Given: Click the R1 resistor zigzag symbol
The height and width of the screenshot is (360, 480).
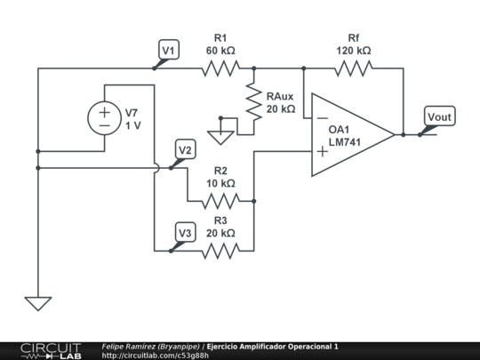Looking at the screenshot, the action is click(x=220, y=68).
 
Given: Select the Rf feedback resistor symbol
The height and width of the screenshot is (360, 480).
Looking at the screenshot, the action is click(x=354, y=68).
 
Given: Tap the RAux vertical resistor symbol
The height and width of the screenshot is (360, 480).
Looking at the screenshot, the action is click(x=253, y=101).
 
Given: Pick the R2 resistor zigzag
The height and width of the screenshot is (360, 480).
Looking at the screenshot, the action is click(x=220, y=201).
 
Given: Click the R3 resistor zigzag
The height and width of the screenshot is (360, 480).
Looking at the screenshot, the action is click(x=220, y=251).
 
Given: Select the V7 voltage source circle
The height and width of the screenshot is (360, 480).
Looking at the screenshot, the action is click(x=104, y=118).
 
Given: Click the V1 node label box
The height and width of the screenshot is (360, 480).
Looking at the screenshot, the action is click(x=169, y=49).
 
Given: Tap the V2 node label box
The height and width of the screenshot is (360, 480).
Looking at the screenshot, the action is click(x=185, y=149).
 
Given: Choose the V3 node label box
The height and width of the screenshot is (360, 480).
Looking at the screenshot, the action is click(x=185, y=232).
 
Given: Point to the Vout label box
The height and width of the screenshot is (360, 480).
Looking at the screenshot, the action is click(x=440, y=116).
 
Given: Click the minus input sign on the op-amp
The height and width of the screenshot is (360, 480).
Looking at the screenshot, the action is click(x=323, y=118).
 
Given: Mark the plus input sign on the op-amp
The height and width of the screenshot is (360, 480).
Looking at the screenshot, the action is click(x=323, y=151).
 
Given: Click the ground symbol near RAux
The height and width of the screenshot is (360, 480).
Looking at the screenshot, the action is click(x=220, y=138).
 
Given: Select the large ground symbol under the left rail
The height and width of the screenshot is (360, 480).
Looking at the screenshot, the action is click(x=38, y=304).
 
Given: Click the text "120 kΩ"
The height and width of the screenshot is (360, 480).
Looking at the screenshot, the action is click(x=354, y=51).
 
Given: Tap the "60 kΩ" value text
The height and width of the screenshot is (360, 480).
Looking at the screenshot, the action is click(x=220, y=51).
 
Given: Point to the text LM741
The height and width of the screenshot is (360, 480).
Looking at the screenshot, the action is click(x=345, y=142).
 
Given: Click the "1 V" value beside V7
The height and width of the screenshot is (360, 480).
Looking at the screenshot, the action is click(x=133, y=125).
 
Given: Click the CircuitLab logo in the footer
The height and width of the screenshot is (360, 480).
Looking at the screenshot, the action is click(x=51, y=351).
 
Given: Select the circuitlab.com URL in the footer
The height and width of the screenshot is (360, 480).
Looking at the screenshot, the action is click(x=156, y=356).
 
